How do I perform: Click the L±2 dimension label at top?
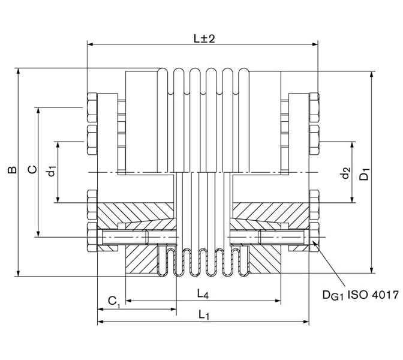point(204,37)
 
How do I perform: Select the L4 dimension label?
point(203,293)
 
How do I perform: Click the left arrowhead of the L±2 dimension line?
point(90,44)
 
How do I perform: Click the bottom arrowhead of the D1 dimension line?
point(372,271)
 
